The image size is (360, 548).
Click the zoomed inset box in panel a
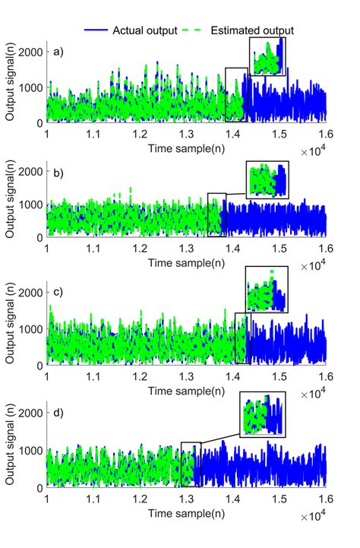coord(268,57)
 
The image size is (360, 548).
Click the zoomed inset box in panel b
coord(267,179)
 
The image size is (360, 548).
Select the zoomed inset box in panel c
coord(266,290)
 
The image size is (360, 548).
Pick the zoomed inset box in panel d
coord(262,414)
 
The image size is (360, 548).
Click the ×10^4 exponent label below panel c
coord(319,393)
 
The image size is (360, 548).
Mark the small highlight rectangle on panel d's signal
coord(191,464)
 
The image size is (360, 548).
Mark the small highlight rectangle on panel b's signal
coord(216,214)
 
